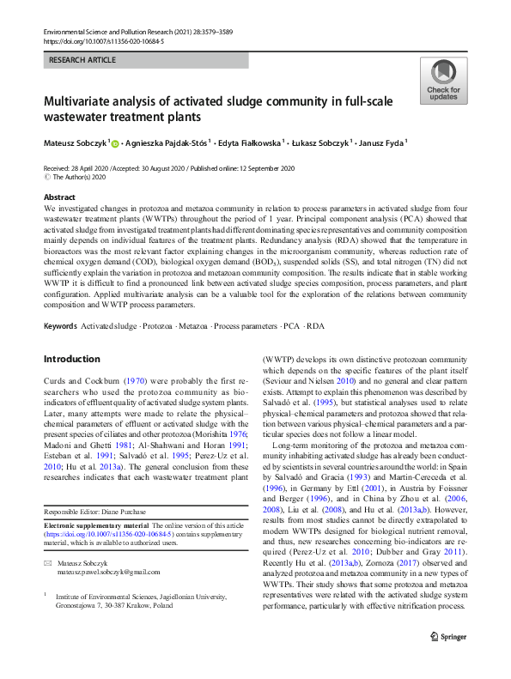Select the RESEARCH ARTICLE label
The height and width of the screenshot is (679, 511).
81,60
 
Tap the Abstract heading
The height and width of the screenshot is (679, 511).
59,197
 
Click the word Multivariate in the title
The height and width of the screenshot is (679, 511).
88,100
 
